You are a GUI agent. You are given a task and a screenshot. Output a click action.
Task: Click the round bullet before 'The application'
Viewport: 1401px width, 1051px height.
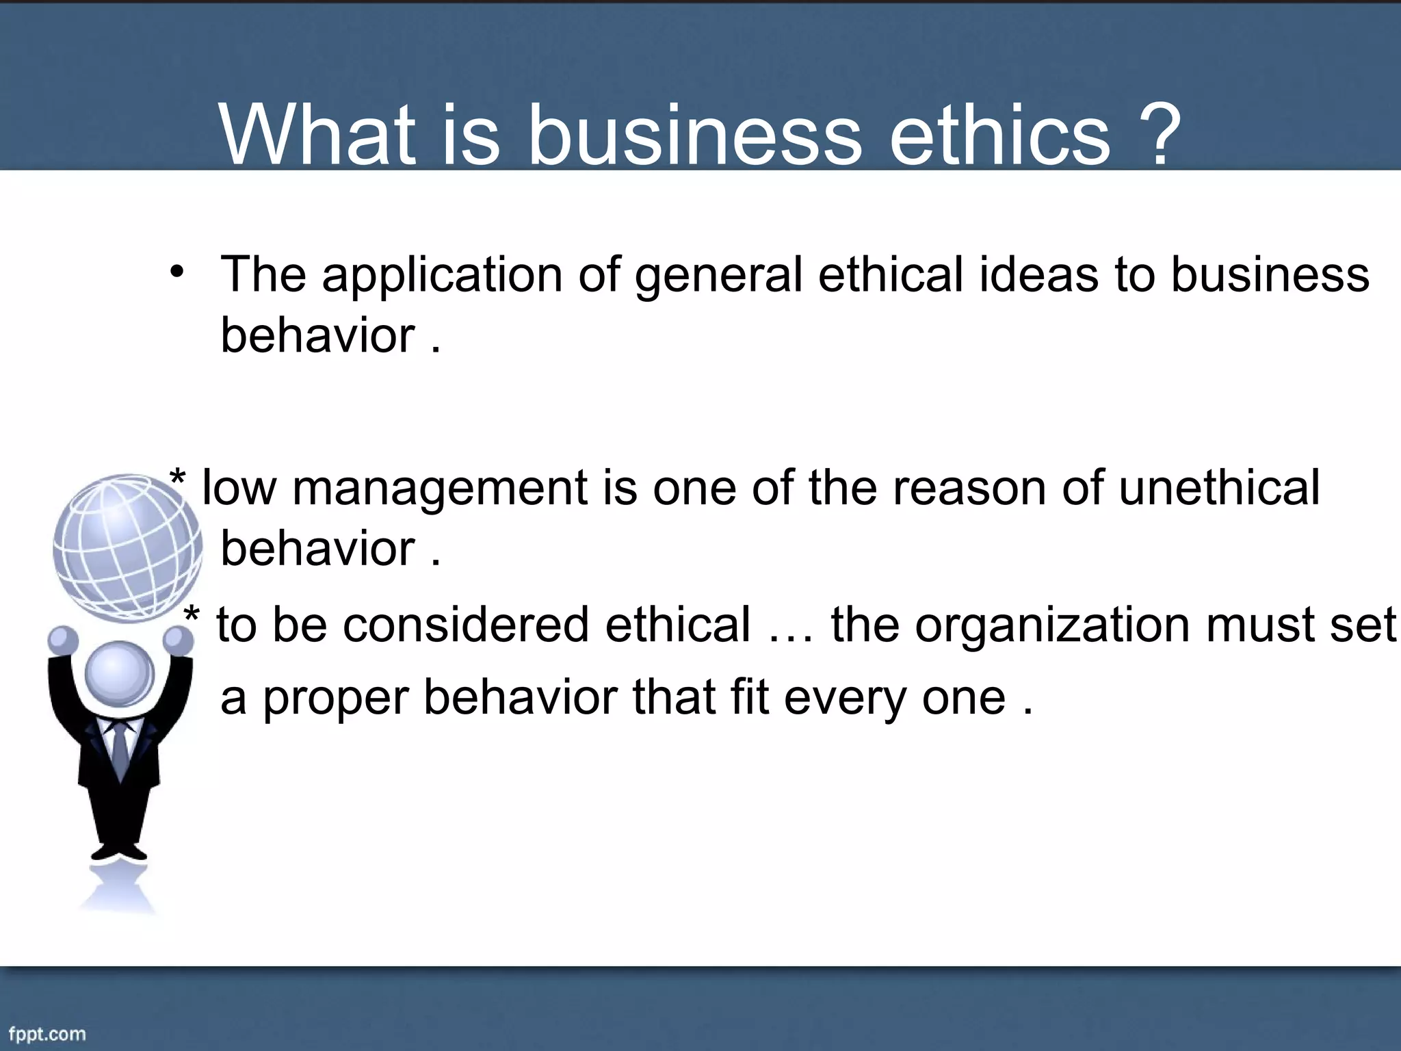177,272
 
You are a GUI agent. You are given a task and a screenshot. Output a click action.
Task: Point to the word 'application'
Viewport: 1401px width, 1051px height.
442,276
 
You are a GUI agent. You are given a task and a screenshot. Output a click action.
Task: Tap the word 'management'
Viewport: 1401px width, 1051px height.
440,489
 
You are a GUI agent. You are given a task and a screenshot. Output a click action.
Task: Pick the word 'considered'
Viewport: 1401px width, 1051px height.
465,625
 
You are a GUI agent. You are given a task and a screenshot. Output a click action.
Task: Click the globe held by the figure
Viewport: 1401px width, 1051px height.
127,547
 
